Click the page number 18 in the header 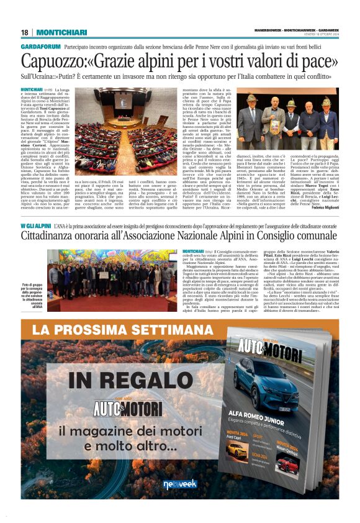24,32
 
